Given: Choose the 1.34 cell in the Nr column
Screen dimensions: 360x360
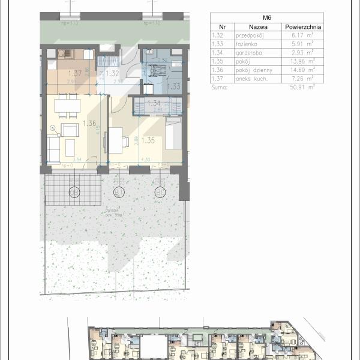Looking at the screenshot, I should (220, 52).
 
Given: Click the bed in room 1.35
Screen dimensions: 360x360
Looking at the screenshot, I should (173, 133).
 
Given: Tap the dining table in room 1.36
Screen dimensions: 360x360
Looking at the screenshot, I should (67, 105).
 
